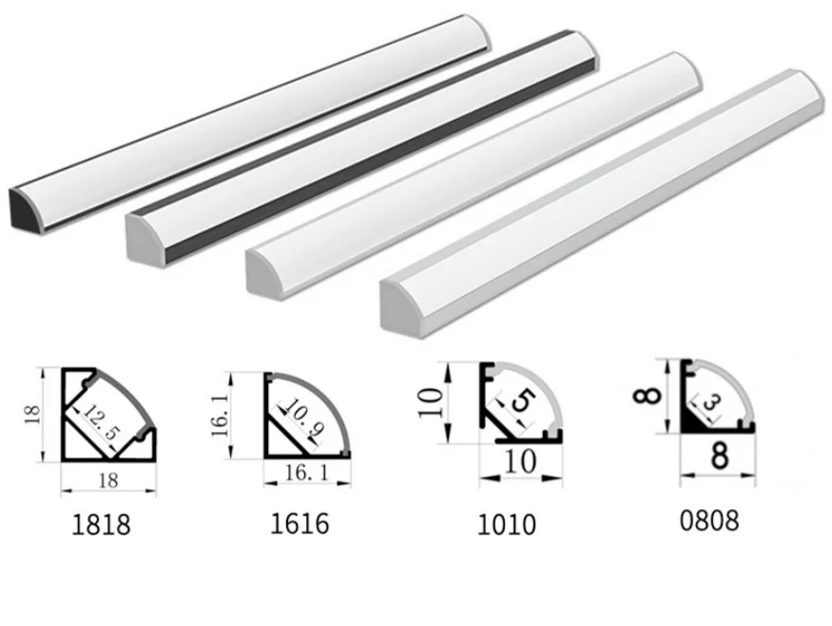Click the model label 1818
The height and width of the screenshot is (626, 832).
[x=101, y=524]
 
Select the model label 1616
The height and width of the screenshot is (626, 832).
[x=300, y=523]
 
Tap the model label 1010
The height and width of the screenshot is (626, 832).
[x=507, y=524]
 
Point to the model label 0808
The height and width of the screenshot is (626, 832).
[x=709, y=520]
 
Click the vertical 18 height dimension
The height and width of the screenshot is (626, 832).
[x=32, y=414]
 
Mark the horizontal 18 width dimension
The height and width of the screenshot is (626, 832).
[x=108, y=480]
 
